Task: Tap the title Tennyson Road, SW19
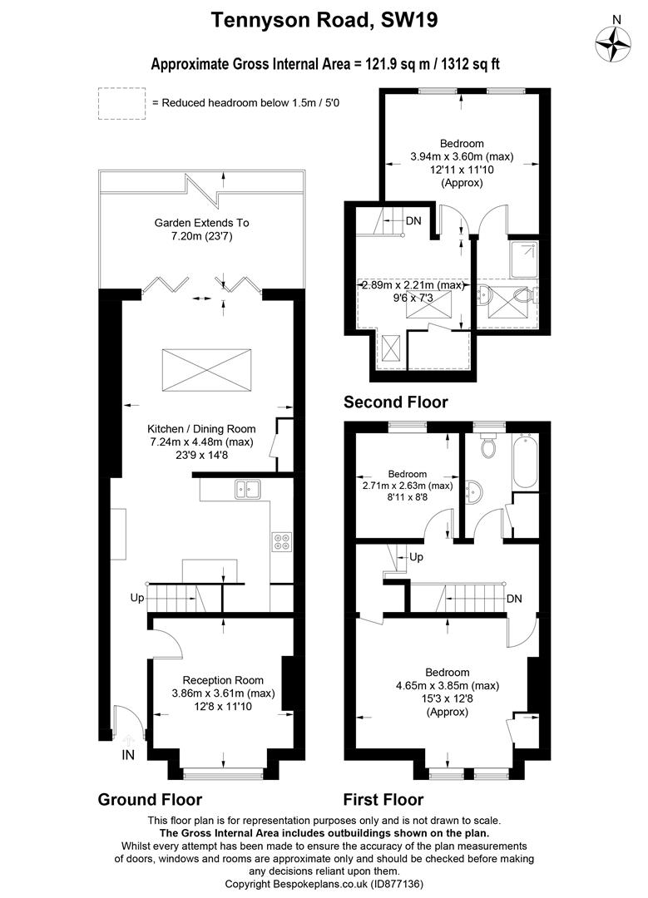[x=324, y=20]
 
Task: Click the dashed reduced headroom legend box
[x=121, y=103]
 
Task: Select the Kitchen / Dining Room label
[x=201, y=428]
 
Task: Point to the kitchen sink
[x=248, y=489]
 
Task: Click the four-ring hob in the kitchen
[x=281, y=541]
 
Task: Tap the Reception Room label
[x=223, y=680]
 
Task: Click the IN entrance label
[x=128, y=755]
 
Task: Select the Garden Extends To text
[x=201, y=223]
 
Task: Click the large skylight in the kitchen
[x=206, y=371]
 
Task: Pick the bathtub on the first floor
[x=526, y=463]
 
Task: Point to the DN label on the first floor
[x=514, y=599]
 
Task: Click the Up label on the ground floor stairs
[x=137, y=598]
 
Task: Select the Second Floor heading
[x=395, y=402]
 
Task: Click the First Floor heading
[x=383, y=800]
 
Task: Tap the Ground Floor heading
[x=150, y=800]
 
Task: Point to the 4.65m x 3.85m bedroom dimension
[x=448, y=685]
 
